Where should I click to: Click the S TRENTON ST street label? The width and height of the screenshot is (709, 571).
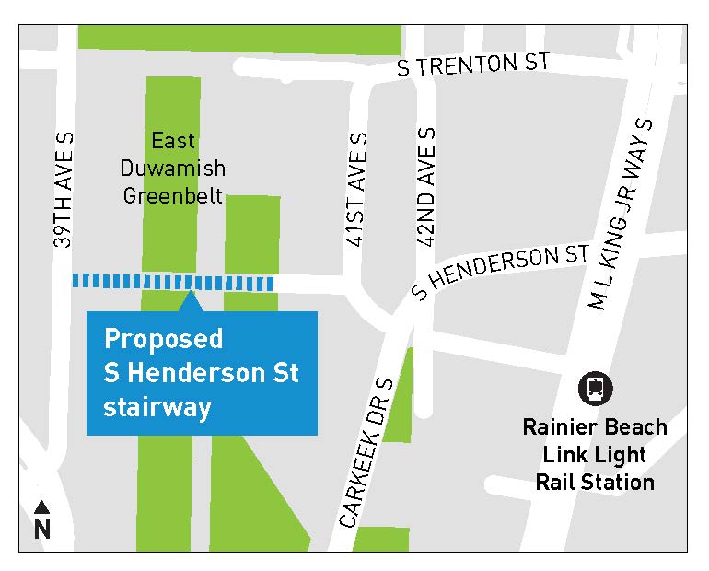point(472,65)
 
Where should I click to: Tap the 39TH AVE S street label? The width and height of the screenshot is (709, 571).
point(64,190)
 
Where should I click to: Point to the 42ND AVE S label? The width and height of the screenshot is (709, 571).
point(426,188)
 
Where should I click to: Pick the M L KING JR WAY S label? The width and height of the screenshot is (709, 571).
point(620,215)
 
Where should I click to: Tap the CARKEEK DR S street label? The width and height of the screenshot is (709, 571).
point(366,453)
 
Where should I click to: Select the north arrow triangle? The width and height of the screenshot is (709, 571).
point(42,507)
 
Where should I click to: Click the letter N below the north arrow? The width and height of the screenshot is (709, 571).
point(42,530)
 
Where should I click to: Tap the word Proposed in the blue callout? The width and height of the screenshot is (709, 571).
point(163,339)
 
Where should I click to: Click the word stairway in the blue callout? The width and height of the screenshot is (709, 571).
point(157,406)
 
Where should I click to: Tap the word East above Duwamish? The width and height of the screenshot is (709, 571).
point(174,141)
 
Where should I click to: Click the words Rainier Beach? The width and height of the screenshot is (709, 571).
point(594,428)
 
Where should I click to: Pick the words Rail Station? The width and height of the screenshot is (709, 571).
point(594,482)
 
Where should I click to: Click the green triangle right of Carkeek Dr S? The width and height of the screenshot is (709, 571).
point(401,405)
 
